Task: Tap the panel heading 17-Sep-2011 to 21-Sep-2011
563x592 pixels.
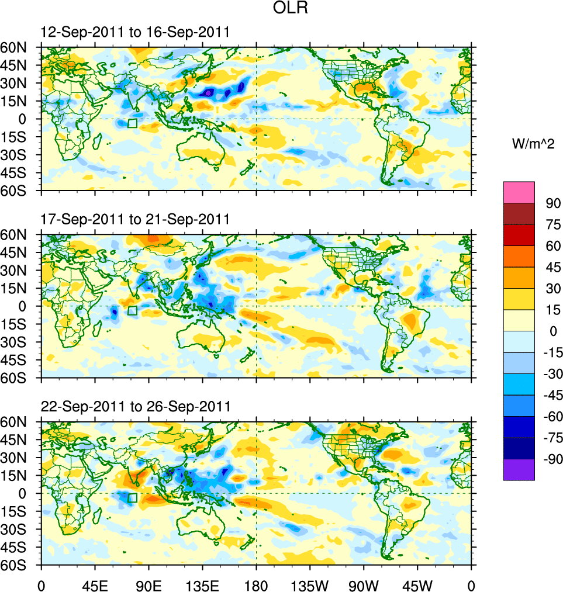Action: (134, 219)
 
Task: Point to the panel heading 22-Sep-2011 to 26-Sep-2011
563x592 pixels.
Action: (134, 406)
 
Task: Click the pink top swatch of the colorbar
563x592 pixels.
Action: (519, 192)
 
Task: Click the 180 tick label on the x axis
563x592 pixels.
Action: (256, 584)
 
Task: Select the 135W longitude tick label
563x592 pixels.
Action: (310, 584)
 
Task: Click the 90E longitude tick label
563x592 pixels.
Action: (148, 584)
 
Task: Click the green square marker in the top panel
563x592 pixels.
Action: (132, 123)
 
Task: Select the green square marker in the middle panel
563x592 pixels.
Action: (132, 310)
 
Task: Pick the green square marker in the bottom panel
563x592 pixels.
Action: (132, 498)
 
